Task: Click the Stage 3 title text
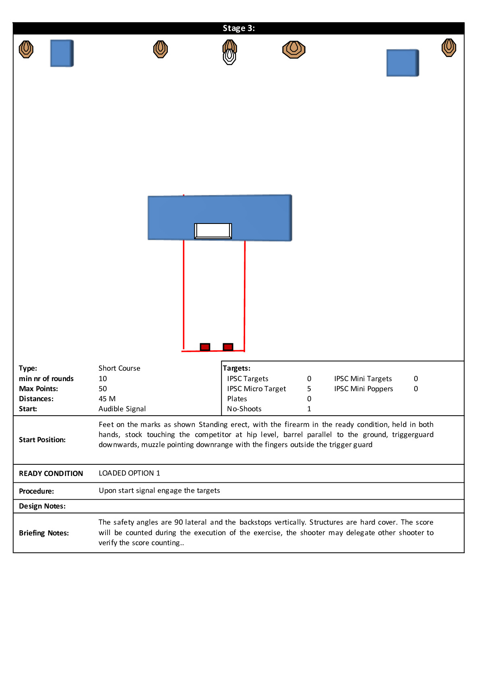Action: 239,28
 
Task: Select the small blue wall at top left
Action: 62,53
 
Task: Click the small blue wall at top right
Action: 403,63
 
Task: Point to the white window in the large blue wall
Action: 213,231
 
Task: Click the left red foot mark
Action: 205,347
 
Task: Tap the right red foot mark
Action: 228,347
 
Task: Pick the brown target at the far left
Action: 26,49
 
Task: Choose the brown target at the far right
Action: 448,47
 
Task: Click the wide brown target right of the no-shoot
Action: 294,49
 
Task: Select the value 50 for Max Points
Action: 103,389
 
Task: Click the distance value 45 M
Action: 107,399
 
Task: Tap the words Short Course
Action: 120,368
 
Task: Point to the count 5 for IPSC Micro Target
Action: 309,389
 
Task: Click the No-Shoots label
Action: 244,409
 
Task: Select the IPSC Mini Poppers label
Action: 363,389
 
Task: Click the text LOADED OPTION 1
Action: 129,473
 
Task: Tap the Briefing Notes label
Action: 44,533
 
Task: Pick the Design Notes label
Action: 42,506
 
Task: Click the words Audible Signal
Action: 122,409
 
